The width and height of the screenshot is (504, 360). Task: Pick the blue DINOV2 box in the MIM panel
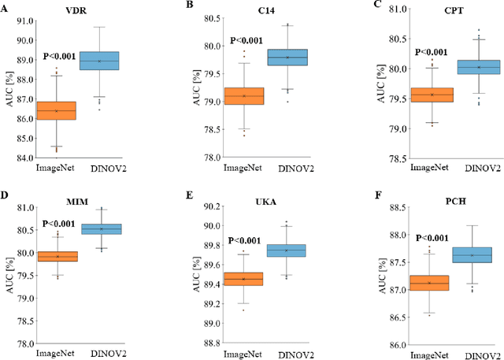[x=113, y=228]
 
